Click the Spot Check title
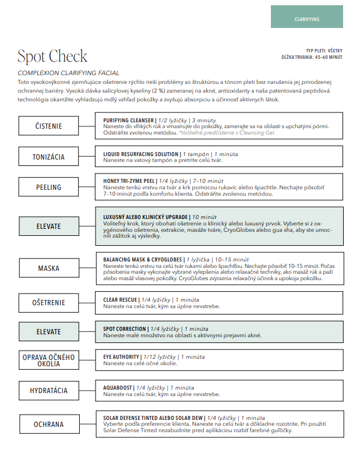(x=52, y=56)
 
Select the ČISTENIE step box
(x=48, y=126)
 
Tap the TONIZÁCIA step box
(x=48, y=157)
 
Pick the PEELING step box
(x=48, y=188)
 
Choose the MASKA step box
(x=48, y=268)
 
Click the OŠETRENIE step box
(x=48, y=303)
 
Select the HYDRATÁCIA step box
(x=48, y=390)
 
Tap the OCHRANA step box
(x=48, y=424)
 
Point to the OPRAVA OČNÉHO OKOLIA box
(x=48, y=360)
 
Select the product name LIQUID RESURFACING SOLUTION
(x=137, y=154)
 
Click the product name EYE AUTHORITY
(x=121, y=356)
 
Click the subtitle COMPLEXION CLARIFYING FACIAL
(x=68, y=73)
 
